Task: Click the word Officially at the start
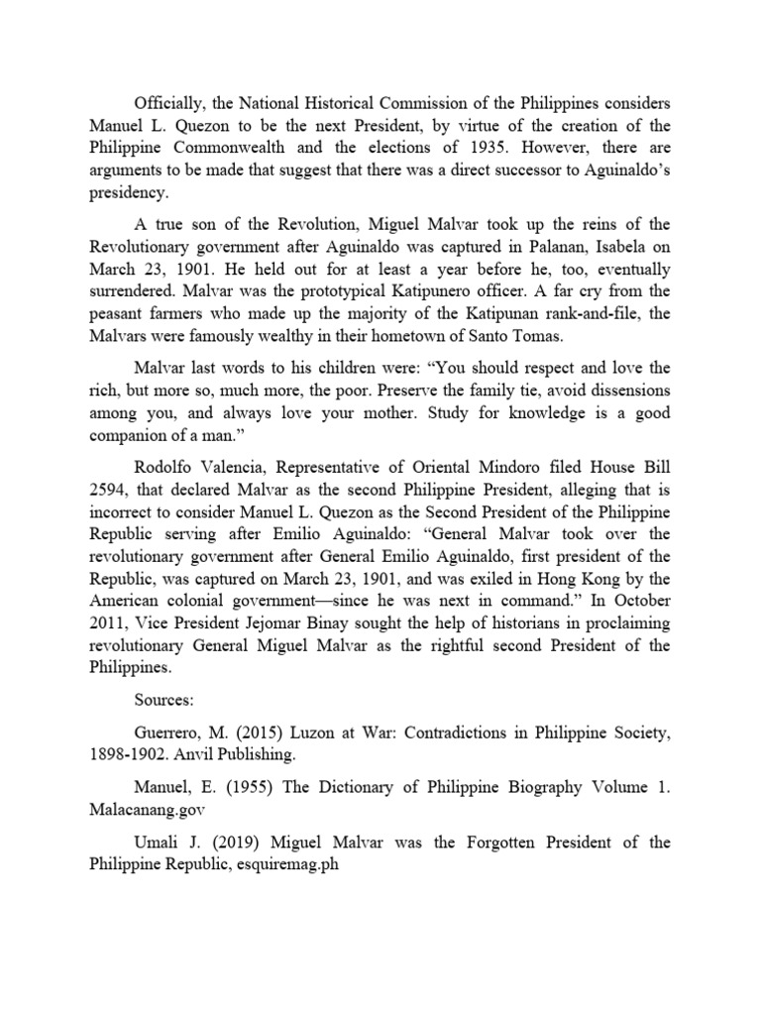tap(167, 104)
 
